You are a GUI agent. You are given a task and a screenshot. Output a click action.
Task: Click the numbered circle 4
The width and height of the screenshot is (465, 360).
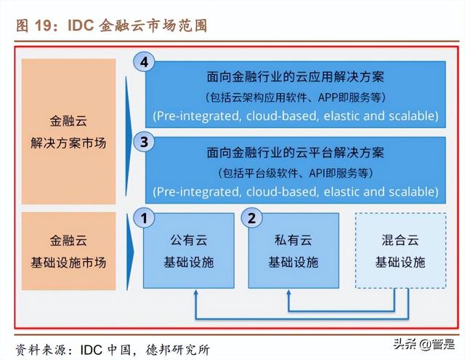[144, 62]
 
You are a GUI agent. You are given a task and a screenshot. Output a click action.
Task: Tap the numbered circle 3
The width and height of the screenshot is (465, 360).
[144, 142]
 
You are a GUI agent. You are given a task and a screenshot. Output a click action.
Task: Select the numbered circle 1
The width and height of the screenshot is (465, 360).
[144, 218]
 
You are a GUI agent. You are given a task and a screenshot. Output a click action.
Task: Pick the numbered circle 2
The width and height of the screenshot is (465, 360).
[251, 218]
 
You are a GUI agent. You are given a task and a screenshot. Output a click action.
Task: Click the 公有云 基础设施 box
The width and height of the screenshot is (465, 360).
[189, 251]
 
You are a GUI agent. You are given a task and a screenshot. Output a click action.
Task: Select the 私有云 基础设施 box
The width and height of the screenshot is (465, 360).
[294, 251]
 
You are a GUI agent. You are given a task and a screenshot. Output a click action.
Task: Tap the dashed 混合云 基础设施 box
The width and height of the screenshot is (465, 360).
[400, 251]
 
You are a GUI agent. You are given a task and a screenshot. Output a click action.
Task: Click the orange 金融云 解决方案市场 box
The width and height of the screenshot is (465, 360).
[68, 132]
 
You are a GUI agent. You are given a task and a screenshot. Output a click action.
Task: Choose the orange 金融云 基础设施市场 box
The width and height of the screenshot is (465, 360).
[68, 251]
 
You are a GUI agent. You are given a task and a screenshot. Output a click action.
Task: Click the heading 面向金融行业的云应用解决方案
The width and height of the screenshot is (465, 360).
[296, 76]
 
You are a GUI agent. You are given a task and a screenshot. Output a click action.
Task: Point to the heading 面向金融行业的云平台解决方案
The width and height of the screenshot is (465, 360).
[296, 153]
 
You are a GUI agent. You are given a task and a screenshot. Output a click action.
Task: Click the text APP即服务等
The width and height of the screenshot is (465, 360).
[349, 97]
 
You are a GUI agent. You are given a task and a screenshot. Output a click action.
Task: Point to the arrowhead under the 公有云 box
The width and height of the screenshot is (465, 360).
[195, 292]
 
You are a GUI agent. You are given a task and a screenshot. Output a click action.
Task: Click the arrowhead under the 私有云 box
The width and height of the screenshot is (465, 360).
[288, 292]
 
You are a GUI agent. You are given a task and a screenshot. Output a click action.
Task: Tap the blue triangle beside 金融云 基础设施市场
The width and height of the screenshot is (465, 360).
[129, 252]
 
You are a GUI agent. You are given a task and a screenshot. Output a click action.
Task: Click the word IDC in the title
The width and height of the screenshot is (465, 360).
[81, 25]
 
